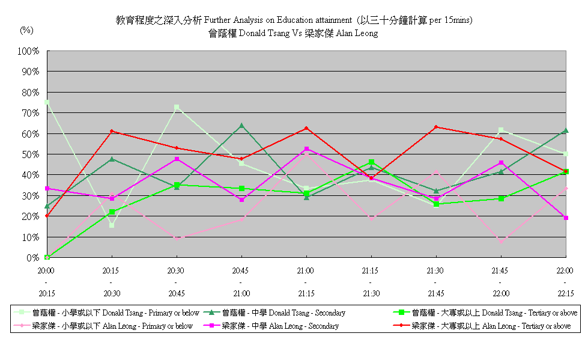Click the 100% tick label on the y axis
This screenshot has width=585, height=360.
[x=28, y=51]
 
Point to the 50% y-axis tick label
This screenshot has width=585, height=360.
[x=30, y=154]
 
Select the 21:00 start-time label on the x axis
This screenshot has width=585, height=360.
[x=306, y=271]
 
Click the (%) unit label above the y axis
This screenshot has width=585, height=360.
[x=27, y=30]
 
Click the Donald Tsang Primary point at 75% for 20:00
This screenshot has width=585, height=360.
[x=47, y=103]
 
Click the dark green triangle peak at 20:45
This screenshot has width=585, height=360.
[x=241, y=126]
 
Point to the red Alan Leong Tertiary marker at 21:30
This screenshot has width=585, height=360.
[x=436, y=127]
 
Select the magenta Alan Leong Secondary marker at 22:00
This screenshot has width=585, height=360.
[x=566, y=218]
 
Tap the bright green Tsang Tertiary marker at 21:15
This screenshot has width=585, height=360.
[x=371, y=162]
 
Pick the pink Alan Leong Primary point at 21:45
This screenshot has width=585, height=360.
[x=501, y=241]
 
